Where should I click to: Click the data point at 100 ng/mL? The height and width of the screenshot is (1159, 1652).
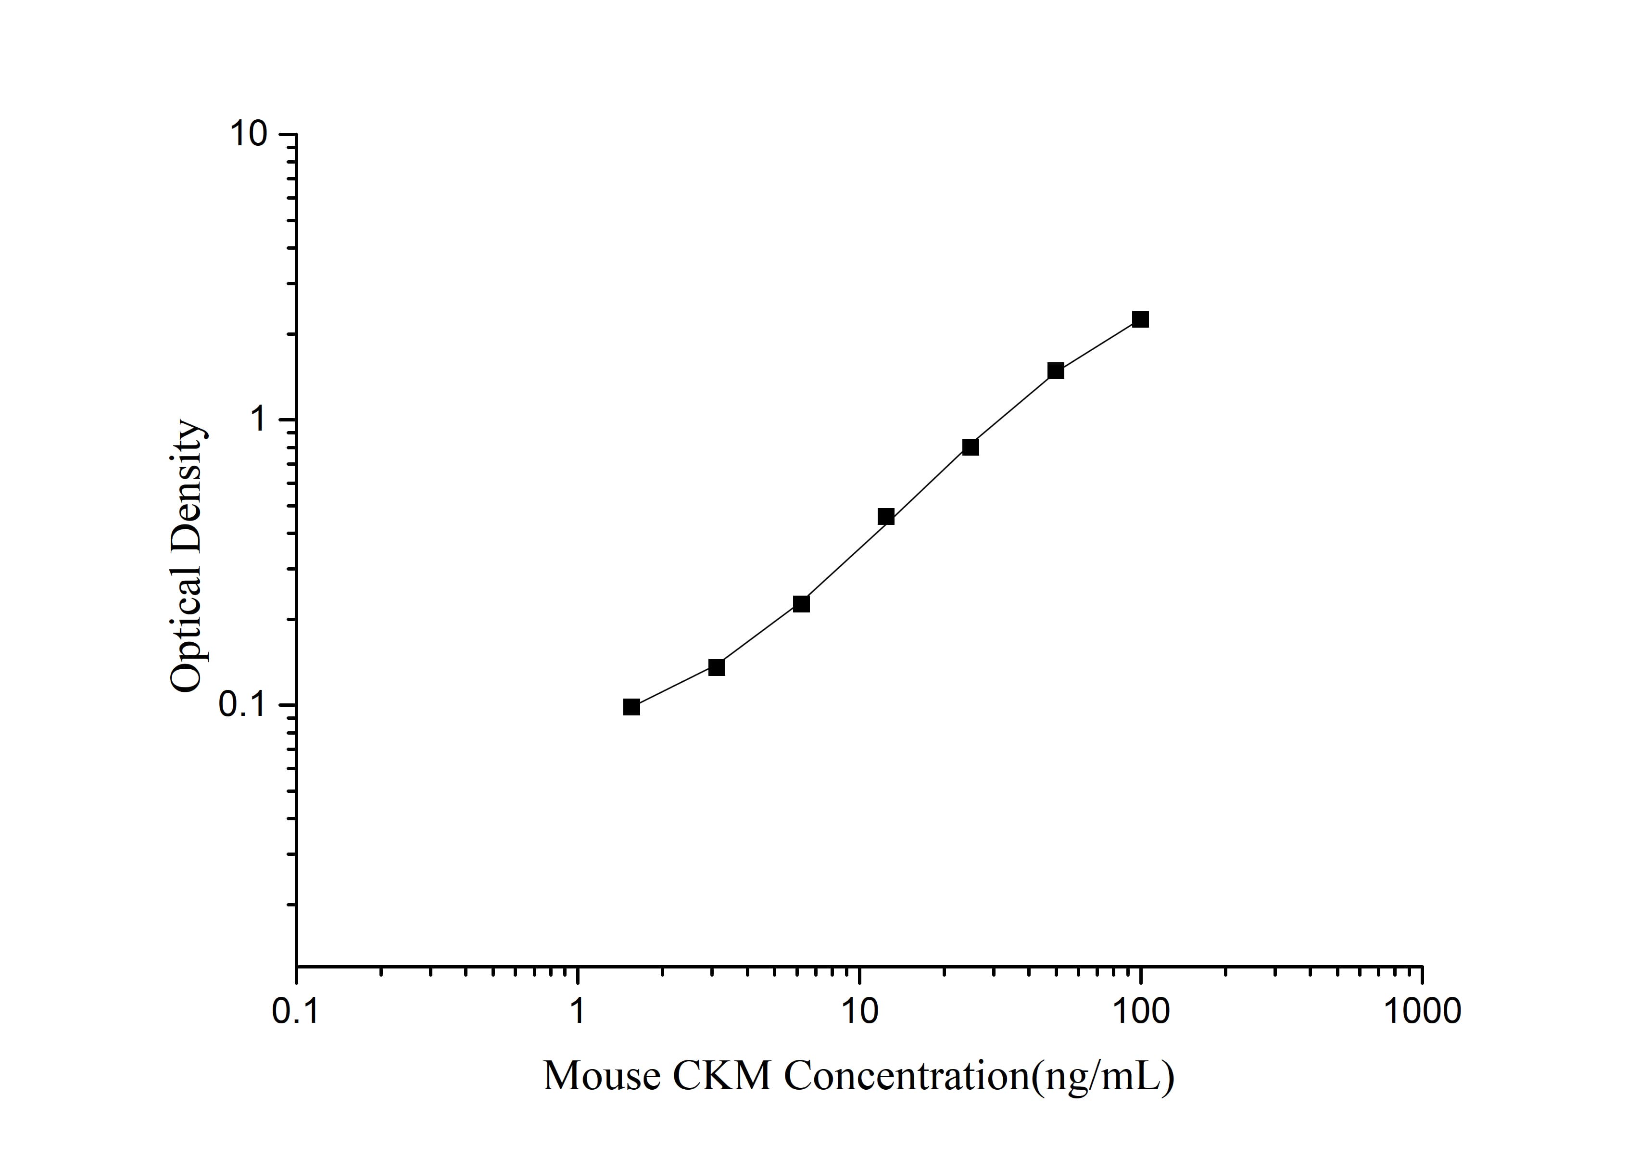point(1140,319)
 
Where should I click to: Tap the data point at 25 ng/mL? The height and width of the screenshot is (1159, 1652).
point(971,447)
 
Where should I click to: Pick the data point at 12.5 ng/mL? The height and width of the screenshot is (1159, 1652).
point(886,516)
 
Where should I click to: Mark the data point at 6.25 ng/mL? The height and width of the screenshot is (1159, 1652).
point(801,603)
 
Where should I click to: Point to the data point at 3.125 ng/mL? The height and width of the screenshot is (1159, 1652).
point(717,667)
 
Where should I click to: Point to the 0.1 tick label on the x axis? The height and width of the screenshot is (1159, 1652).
point(296,1011)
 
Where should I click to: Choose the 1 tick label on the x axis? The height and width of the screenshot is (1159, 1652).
point(578,1011)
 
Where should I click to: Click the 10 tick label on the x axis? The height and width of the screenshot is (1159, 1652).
point(859,1011)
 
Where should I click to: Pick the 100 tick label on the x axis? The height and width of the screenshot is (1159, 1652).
point(1140,1011)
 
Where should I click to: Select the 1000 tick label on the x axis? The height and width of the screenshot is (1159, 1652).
point(1422,1011)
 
